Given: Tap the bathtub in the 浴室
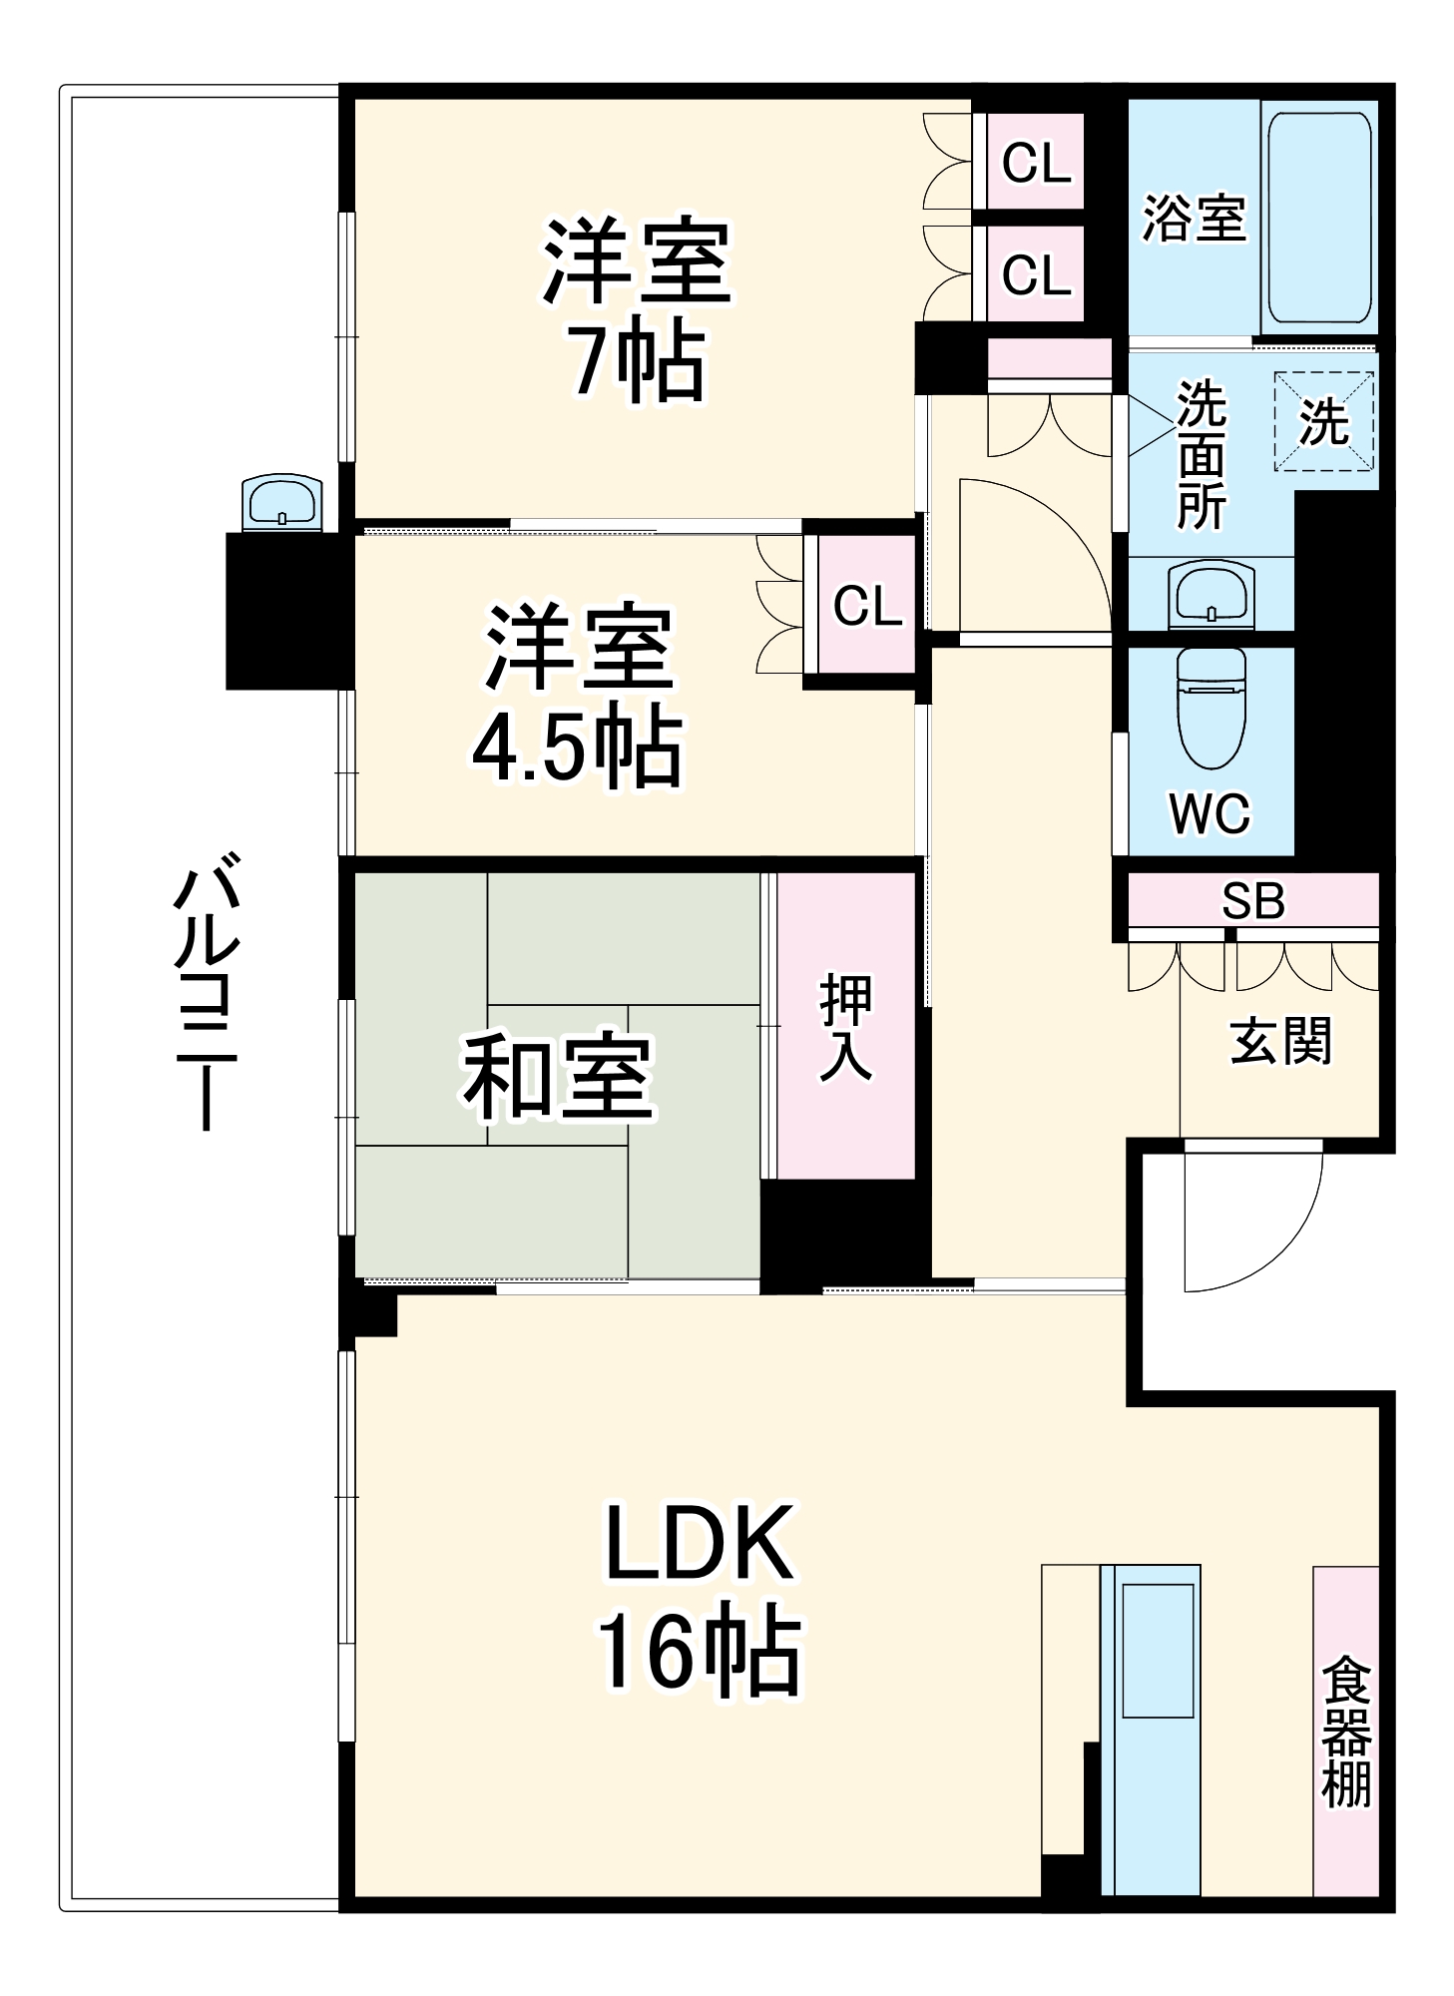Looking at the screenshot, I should point(1318,217).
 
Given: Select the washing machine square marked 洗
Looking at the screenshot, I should point(1323,421).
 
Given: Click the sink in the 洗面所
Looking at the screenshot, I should point(1211,595).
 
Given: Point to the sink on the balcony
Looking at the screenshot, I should point(282,502).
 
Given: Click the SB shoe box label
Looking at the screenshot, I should point(1253,901).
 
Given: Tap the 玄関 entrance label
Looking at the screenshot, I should point(1279,1041).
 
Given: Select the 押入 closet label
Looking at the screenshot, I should point(845,1027).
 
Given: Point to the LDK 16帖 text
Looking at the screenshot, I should point(699,1597).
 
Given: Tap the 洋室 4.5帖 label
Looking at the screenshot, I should point(579,695).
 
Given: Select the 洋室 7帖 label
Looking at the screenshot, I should point(637,309).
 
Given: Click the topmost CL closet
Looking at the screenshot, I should point(1036,162).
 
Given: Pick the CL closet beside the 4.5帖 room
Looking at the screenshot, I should point(866,606).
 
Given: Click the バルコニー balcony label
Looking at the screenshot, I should point(207,990).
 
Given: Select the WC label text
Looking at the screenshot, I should point(1209,813).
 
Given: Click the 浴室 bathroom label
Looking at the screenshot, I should point(1194,218).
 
